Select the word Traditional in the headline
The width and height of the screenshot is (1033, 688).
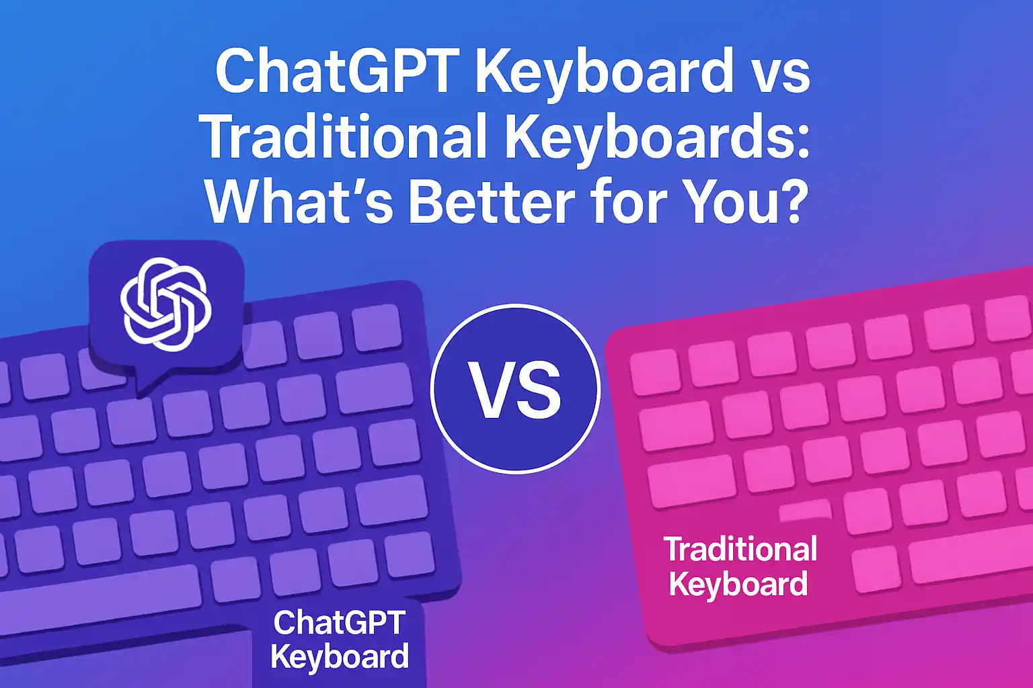[x=344, y=137]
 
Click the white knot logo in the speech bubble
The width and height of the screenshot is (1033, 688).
[x=165, y=304]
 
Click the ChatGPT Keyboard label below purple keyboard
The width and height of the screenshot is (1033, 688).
[x=340, y=639]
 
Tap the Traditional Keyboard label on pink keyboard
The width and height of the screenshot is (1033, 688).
[x=740, y=566]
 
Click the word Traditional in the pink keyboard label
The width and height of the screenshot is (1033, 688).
[x=740, y=550]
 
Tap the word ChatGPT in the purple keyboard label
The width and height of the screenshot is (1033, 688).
[x=340, y=622]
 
